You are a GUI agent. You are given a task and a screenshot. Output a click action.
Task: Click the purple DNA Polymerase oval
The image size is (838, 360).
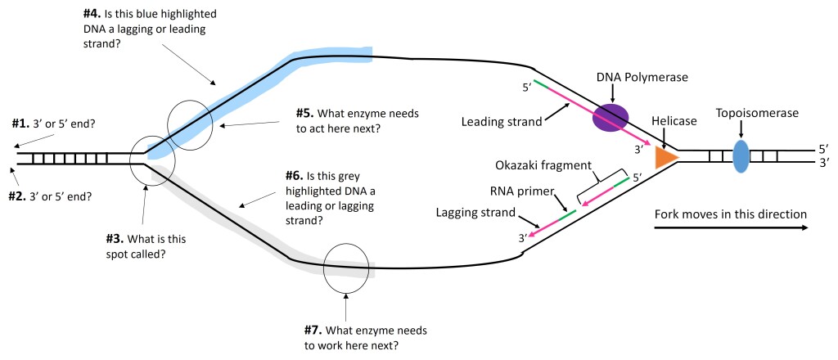[610, 118]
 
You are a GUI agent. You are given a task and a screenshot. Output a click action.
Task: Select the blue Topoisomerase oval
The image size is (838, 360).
[740, 155]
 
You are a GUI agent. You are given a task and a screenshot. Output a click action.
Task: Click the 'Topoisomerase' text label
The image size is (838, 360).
[757, 113]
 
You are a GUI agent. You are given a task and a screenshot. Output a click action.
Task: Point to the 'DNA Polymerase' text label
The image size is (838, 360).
[642, 78]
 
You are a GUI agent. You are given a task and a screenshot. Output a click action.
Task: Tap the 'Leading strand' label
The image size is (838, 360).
[502, 122]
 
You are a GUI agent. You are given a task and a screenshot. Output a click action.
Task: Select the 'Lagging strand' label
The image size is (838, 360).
[475, 213]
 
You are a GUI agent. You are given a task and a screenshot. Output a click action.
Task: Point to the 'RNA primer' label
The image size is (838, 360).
[522, 191]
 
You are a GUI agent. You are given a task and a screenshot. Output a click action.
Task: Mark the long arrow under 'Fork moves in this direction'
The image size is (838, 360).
[731, 228]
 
